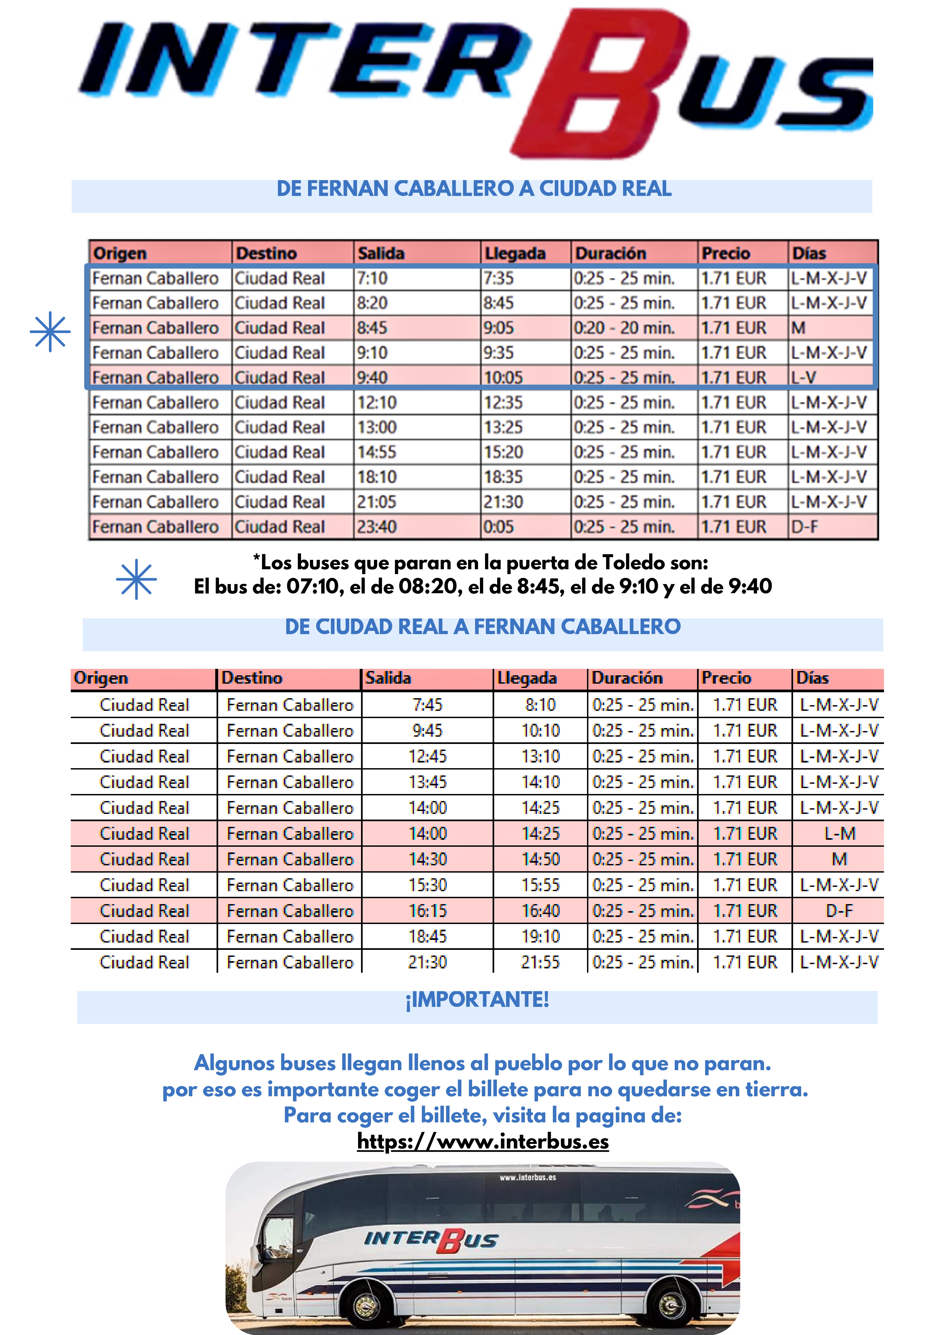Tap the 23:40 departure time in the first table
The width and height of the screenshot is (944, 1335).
377,527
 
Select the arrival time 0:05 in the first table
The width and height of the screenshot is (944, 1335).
499,527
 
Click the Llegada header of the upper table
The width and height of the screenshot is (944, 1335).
515,254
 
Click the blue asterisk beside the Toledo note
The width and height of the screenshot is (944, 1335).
136,579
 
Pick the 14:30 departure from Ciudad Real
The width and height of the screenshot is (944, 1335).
427,859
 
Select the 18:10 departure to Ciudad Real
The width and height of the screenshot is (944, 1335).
377,477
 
